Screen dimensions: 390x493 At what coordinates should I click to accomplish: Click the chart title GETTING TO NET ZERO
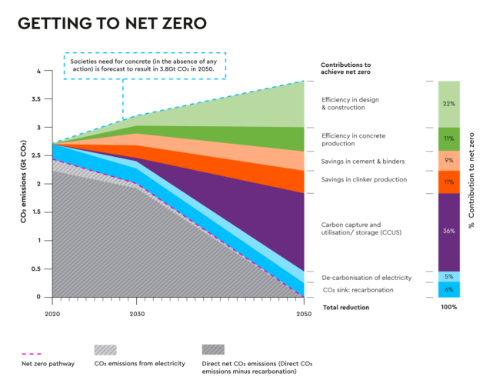pyautogui.click(x=112, y=24)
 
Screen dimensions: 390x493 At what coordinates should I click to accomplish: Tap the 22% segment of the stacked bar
pyautogui.click(x=449, y=104)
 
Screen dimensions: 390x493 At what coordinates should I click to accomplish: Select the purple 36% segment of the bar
pyautogui.click(x=449, y=231)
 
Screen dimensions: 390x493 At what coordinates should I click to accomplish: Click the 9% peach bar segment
pyautogui.click(x=449, y=160)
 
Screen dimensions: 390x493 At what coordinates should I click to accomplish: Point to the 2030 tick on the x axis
pyautogui.click(x=136, y=314)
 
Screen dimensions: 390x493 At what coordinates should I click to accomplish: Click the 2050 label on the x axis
pyautogui.click(x=306, y=314)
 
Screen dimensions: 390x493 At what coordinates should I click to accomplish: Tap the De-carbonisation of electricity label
pyautogui.click(x=366, y=277)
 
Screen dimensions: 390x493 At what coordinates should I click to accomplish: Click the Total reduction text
pyautogui.click(x=345, y=307)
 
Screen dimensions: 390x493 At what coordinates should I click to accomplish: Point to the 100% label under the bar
pyautogui.click(x=449, y=307)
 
